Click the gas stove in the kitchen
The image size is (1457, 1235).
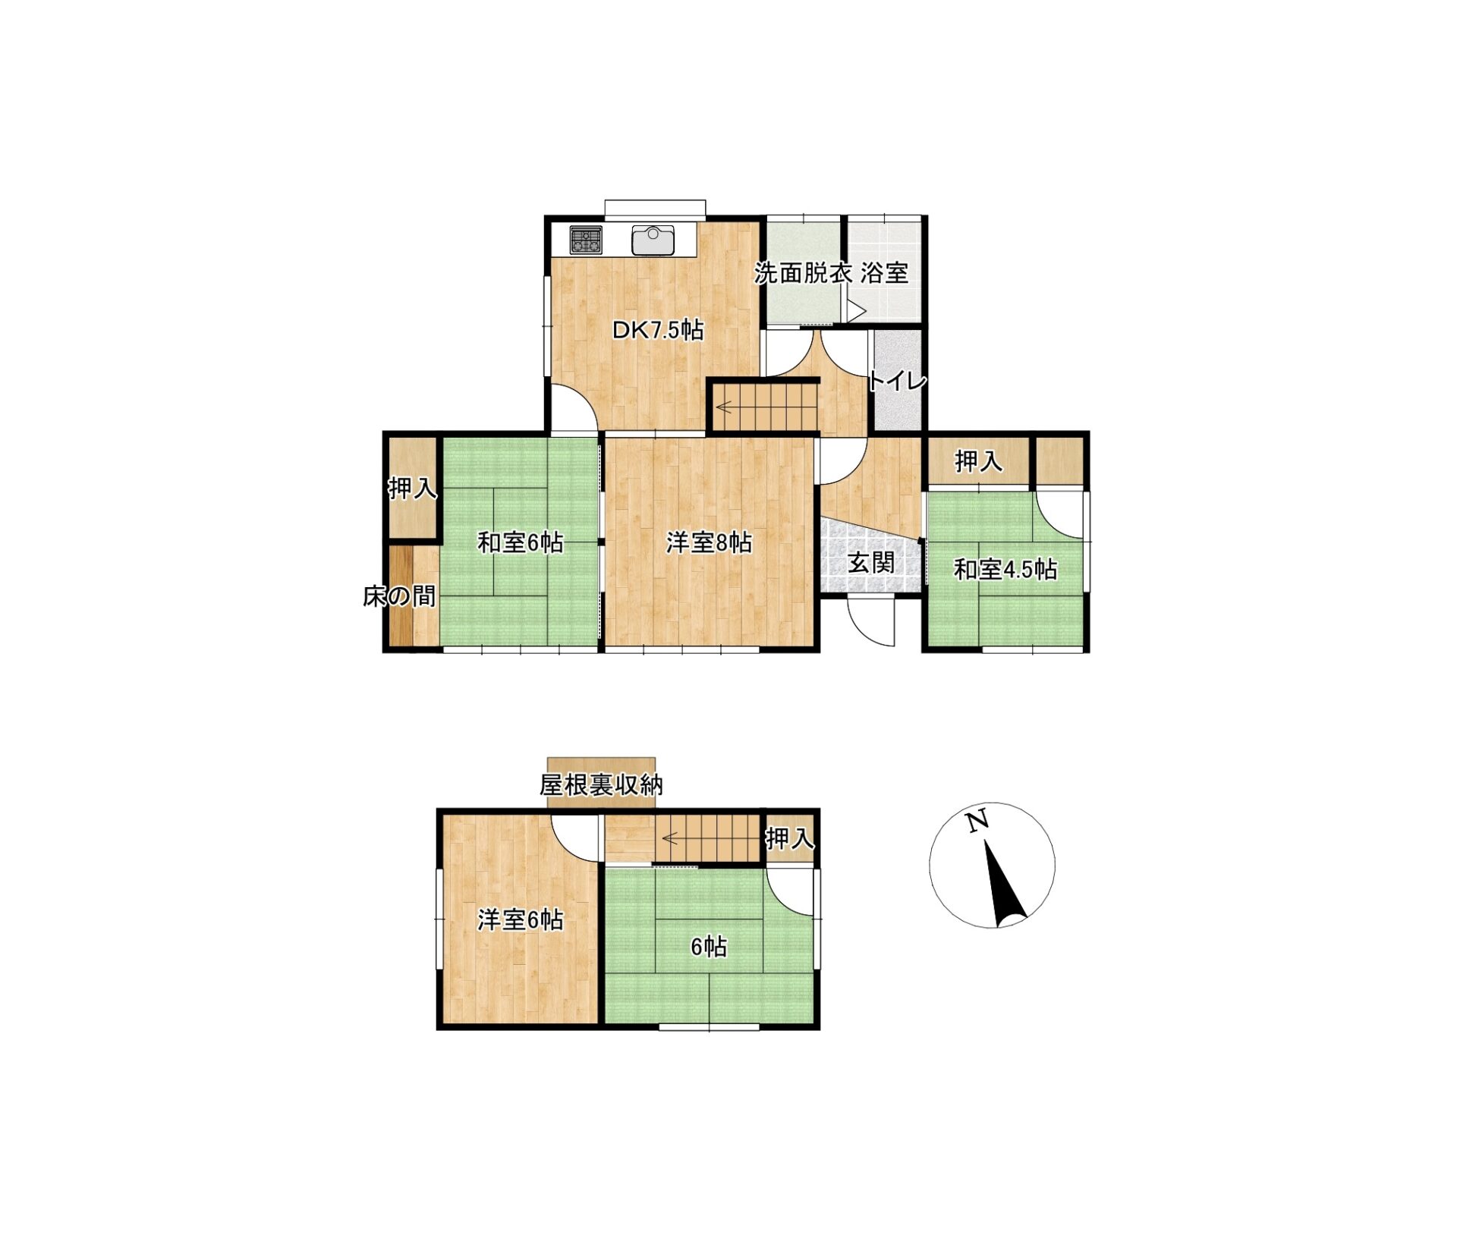point(586,240)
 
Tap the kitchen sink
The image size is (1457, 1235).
point(653,240)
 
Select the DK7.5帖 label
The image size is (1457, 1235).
point(658,330)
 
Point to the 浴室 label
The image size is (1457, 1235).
point(884,273)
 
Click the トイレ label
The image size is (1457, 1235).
point(897,380)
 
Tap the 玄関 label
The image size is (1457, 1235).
point(870,563)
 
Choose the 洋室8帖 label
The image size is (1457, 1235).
point(709,542)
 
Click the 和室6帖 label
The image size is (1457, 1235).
point(520,542)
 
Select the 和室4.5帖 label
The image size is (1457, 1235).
point(1005,569)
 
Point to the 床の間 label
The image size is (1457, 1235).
point(399,596)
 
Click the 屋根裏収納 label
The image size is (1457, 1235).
point(601,784)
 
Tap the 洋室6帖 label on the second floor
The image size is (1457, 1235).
point(520,919)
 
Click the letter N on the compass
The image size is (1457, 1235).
point(977,821)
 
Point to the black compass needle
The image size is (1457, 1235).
point(1004,885)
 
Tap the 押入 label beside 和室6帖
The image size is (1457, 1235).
point(413,489)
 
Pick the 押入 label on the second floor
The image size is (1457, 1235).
point(790,838)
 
